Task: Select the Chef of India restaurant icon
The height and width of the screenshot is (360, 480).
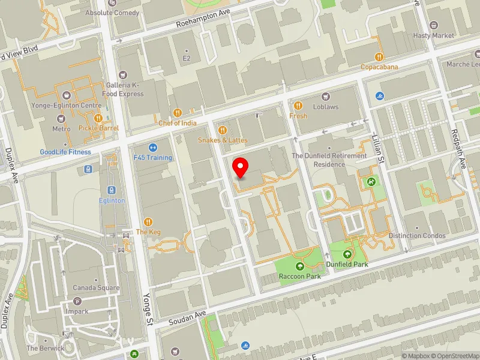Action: [x=177, y=112]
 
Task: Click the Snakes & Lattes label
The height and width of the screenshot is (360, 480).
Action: [x=223, y=140]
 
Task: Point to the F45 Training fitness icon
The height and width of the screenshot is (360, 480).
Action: [x=152, y=147]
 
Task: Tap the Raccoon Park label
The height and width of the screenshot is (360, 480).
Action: [x=299, y=276]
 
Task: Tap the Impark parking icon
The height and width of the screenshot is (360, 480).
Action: [x=77, y=301]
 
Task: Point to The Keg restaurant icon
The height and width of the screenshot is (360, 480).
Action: [x=148, y=221]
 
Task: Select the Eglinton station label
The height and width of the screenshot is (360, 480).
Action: [x=112, y=200]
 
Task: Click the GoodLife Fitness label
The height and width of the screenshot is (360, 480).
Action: [x=65, y=152]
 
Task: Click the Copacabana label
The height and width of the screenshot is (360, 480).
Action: [x=379, y=67]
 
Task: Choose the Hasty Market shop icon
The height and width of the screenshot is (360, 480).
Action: [x=434, y=26]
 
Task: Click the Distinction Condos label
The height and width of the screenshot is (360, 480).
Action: [x=417, y=236]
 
